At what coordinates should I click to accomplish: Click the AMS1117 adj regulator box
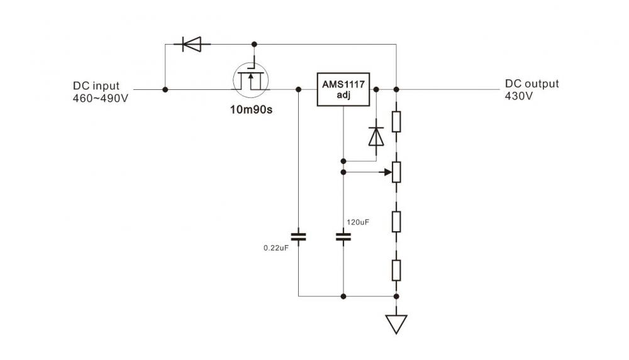[x=343, y=90]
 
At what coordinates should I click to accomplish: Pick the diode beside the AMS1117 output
[x=376, y=136]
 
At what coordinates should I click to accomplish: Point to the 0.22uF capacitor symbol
[x=299, y=237]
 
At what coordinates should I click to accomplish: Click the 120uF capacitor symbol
[x=343, y=237]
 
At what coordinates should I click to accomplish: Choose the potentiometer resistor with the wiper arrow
[x=396, y=171]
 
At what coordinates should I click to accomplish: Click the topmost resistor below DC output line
[x=396, y=121]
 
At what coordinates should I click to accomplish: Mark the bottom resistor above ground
[x=396, y=271]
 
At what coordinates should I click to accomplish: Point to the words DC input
[x=96, y=86]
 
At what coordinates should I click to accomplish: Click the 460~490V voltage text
[x=101, y=98]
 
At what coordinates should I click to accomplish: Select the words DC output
[x=532, y=84]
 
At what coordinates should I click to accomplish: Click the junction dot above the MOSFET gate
[x=254, y=45]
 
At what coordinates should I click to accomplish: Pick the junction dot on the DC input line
[x=165, y=90]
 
